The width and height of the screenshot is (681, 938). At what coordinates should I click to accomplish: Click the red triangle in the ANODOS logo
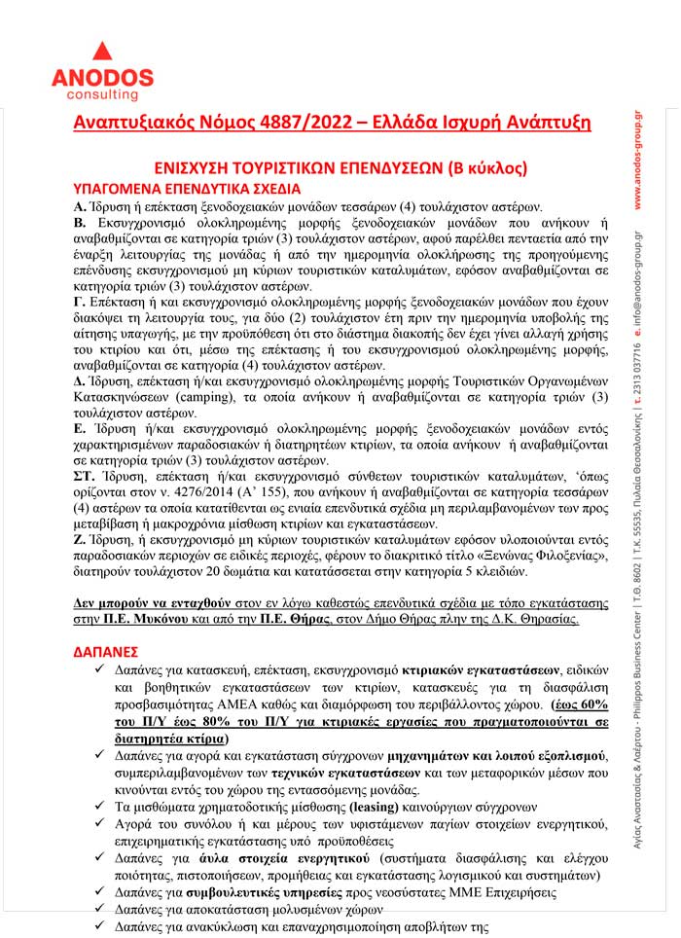pyautogui.click(x=102, y=52)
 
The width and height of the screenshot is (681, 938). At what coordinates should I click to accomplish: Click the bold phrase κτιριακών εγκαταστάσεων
pyautogui.click(x=500, y=670)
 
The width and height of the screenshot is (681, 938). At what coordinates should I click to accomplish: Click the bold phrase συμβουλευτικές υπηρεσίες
pyautogui.click(x=259, y=892)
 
